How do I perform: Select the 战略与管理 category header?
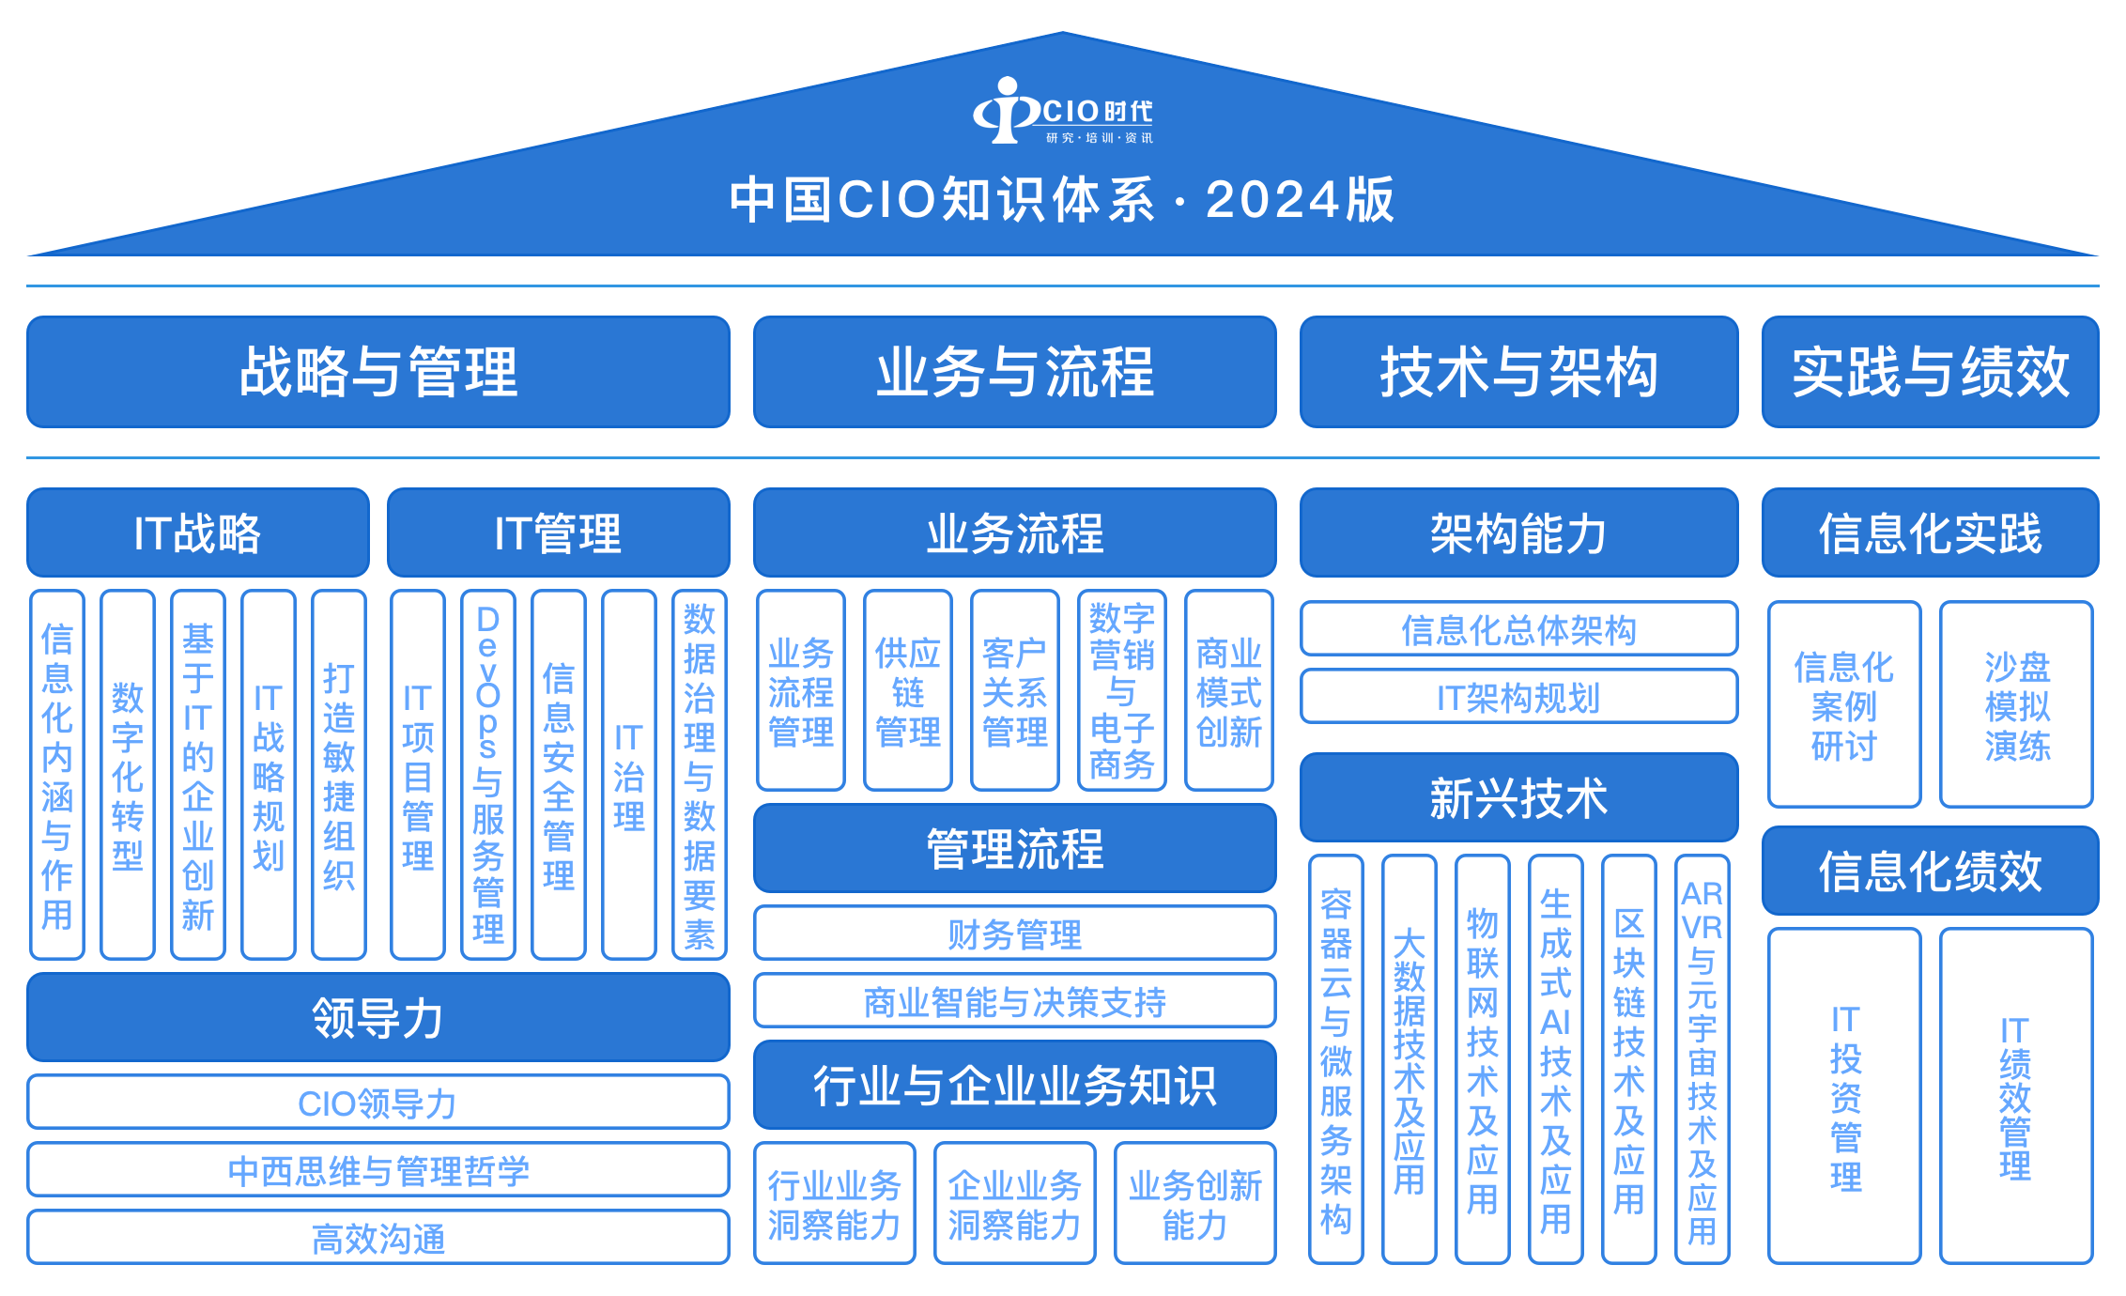click(x=377, y=372)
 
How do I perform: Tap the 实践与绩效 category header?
click(x=1930, y=372)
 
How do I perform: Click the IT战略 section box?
click(x=197, y=532)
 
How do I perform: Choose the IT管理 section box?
click(x=558, y=532)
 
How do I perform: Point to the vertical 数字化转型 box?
click(x=128, y=775)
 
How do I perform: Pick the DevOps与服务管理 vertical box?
click(x=488, y=775)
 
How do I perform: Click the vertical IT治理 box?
click(x=628, y=775)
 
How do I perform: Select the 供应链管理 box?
click(x=907, y=691)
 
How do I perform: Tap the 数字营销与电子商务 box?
click(x=1121, y=691)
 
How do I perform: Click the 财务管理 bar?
click(x=1014, y=933)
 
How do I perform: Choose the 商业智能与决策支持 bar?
click(x=1014, y=1001)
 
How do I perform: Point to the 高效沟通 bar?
click(x=377, y=1238)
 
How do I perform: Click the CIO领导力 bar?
click(x=377, y=1103)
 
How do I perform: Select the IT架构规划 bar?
click(x=1518, y=697)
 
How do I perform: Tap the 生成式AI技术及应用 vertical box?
click(x=1555, y=1059)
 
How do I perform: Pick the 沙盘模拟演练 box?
click(x=2016, y=704)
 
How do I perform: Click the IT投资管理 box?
click(x=1844, y=1097)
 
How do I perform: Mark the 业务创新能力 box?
click(x=1194, y=1204)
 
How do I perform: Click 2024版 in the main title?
click(x=1300, y=200)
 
